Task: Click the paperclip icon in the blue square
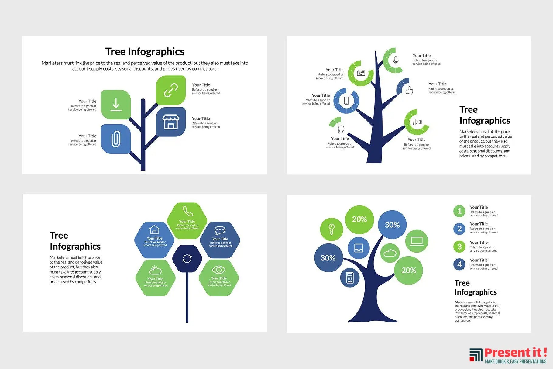116,139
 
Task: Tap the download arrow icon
116,105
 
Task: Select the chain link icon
171,90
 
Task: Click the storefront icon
171,122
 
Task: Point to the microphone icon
396,60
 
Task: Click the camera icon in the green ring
361,73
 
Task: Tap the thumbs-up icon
409,90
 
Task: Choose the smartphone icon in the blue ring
346,101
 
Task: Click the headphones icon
341,130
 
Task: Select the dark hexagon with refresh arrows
187,259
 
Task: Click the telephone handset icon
187,211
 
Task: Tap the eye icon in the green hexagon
219,270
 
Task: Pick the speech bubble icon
220,230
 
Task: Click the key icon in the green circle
331,229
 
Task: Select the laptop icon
417,241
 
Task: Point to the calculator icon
350,278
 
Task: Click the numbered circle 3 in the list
459,247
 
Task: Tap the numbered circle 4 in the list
459,264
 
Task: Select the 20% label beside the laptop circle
409,270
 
